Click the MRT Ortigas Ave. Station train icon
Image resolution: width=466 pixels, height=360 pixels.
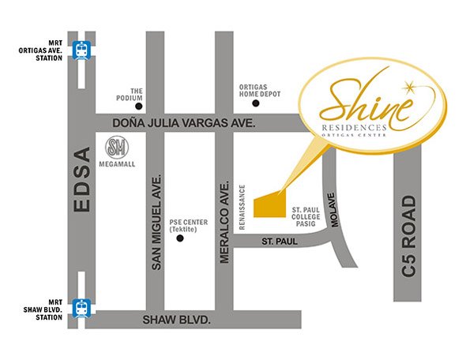pos(81,50)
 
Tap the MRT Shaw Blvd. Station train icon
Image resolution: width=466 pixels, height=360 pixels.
pos(81,306)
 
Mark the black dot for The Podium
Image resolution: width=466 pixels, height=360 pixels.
pos(139,106)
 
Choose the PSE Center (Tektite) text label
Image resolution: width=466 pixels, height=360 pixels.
pos(190,226)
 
